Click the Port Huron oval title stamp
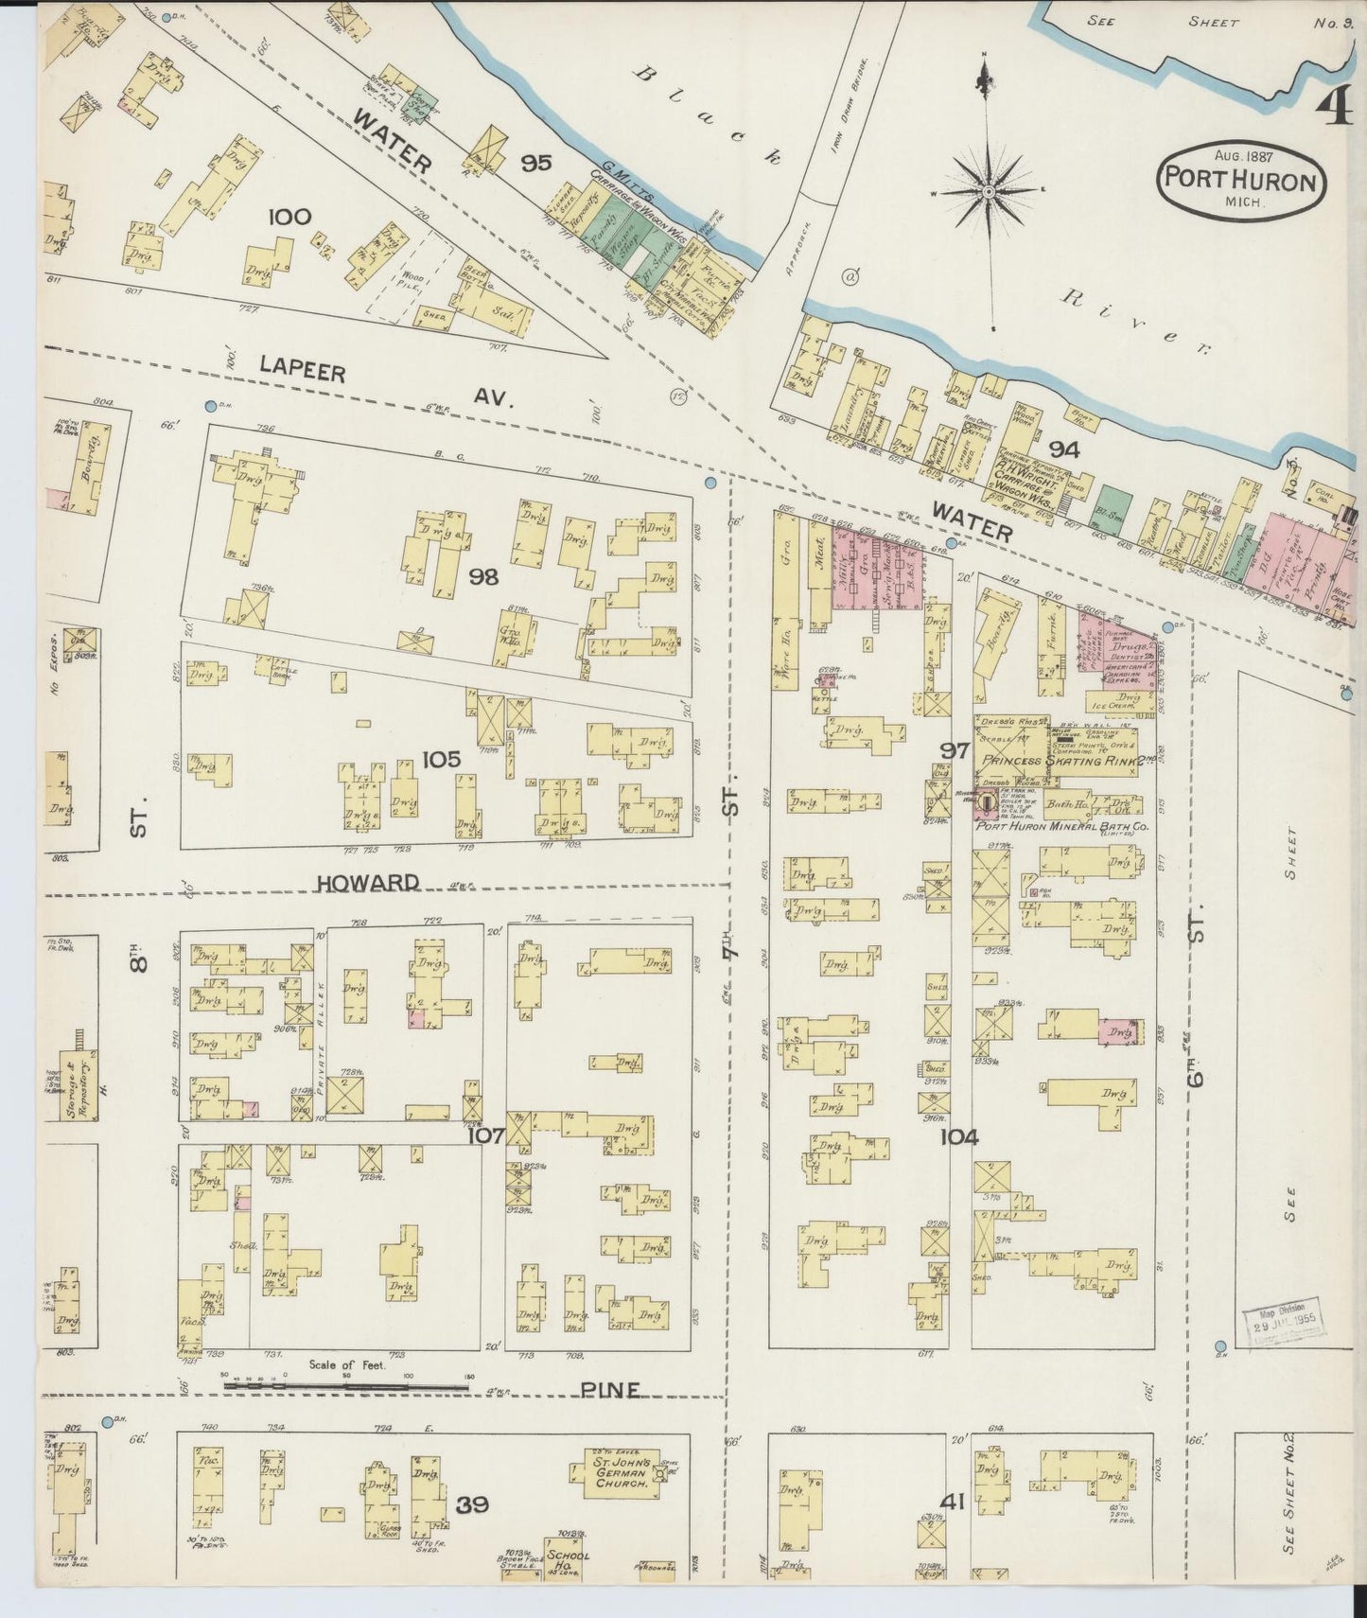click(1240, 177)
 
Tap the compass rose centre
click(988, 192)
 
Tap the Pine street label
click(610, 1390)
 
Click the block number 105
click(441, 759)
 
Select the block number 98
click(483, 575)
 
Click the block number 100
click(289, 217)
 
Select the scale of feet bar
click(346, 1387)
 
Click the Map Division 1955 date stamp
click(1285, 1320)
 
